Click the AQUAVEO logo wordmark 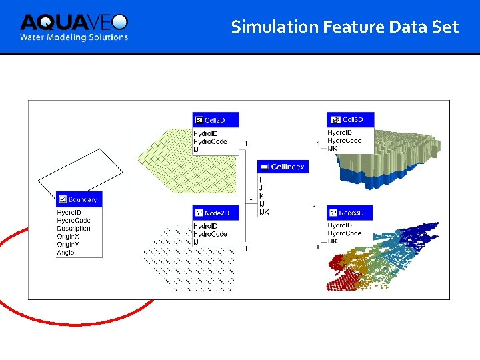73,21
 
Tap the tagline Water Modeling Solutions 73,37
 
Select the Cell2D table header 215,120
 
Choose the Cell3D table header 351,119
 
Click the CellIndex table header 281,167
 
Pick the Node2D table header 215,213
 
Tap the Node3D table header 350,213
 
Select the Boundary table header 79,199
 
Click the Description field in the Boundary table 74,229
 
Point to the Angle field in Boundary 66,253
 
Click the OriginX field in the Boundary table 69,237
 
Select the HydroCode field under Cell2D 210,142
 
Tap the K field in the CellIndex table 261,196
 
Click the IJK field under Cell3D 333,149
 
